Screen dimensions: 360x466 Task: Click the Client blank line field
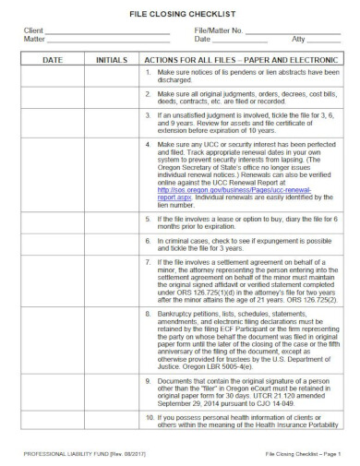coord(108,32)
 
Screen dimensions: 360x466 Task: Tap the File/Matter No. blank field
coord(290,32)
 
